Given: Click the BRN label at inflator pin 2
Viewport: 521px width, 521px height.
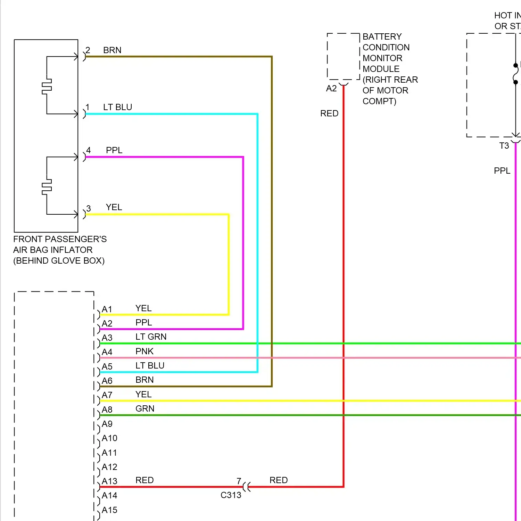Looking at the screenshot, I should coord(112,50).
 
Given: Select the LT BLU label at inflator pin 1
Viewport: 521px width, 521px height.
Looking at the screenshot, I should coord(117,107).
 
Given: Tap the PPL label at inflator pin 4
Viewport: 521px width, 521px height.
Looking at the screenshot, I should coord(114,150).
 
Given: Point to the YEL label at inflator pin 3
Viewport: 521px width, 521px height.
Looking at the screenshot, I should coord(114,207).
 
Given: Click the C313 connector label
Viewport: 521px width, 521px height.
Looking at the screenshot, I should coord(231,495).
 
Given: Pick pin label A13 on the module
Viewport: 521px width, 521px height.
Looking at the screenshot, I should coord(109,481).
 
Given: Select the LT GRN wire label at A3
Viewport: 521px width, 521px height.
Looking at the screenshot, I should coord(151,337).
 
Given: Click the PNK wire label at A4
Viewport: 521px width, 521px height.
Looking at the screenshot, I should coord(144,352).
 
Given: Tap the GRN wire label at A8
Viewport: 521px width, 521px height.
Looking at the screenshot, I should coord(145,409).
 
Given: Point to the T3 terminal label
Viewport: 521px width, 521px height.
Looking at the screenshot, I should coord(504,146).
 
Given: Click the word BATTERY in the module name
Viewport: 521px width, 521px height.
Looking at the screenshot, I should coord(382,37).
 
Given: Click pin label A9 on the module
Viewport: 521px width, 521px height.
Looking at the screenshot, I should coord(107,424).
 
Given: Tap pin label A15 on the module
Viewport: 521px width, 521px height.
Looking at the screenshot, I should coord(109,510).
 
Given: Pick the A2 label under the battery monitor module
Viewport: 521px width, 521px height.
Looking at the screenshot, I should coord(331,89).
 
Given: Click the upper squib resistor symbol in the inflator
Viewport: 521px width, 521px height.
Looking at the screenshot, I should coord(47,86).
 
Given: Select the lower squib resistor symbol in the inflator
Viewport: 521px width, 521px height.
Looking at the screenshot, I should coord(47,187).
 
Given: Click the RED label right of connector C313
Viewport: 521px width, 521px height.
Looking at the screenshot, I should coord(279,480).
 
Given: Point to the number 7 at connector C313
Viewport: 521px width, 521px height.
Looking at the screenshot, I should coord(239,481).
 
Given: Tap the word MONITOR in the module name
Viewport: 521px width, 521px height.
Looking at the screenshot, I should coord(382,58).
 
